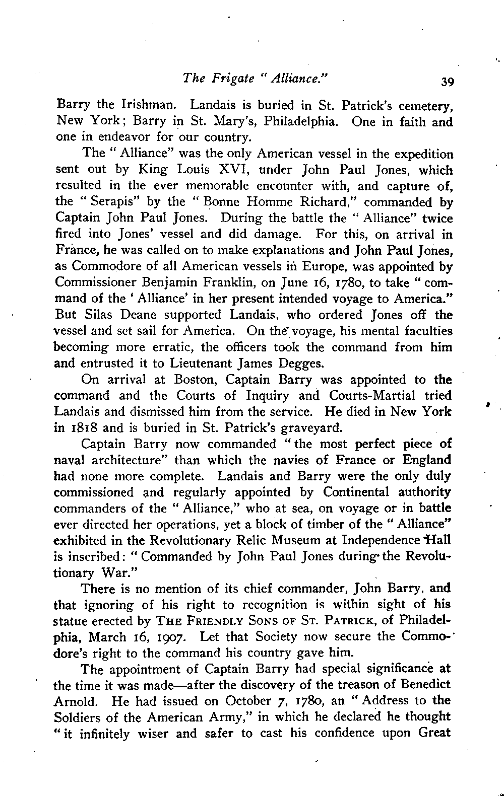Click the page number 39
tap(446, 82)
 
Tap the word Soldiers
tap(79, 717)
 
